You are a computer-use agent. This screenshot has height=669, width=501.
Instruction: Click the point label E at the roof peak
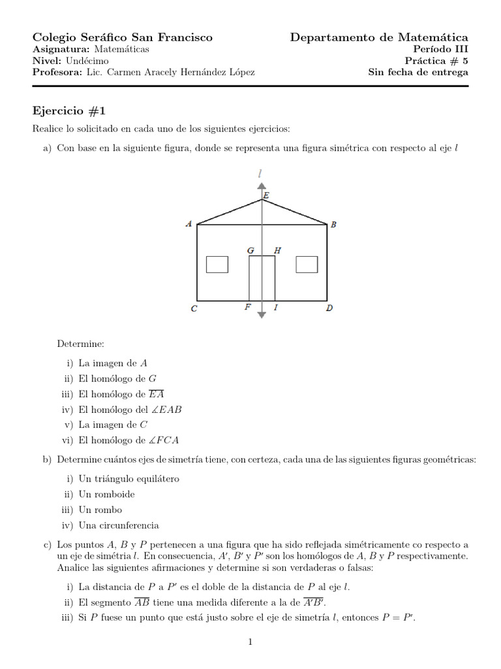click(266, 195)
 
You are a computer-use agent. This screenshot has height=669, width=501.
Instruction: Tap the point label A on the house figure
click(189, 224)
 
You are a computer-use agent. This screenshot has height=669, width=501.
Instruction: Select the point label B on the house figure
click(333, 225)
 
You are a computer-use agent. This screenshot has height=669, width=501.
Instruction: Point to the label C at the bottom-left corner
click(194, 309)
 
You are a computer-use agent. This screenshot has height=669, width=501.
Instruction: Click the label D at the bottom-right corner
click(329, 309)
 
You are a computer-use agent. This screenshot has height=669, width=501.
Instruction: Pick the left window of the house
click(217, 264)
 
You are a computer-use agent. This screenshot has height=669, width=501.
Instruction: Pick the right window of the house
click(307, 264)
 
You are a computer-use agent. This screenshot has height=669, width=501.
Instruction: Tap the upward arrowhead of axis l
click(262, 186)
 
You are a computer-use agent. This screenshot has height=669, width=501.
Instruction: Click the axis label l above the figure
click(261, 173)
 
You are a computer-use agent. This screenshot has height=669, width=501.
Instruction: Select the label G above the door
click(250, 250)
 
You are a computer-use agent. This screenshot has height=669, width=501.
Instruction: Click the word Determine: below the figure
click(80, 343)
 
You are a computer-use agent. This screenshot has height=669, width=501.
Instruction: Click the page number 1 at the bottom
click(250, 642)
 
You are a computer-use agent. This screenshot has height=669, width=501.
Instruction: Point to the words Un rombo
click(100, 510)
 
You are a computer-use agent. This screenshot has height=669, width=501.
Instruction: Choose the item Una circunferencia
click(118, 525)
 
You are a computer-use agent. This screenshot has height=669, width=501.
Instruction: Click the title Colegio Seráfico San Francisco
click(122, 37)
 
